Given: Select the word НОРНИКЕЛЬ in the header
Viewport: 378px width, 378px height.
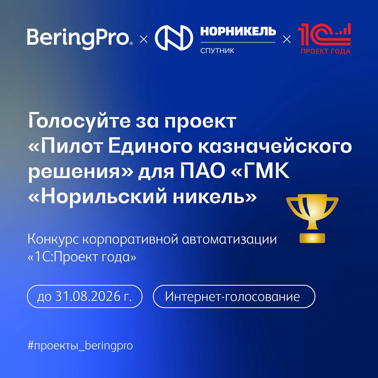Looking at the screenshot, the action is point(238,31).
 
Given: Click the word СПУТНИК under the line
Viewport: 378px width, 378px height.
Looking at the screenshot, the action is point(217,51).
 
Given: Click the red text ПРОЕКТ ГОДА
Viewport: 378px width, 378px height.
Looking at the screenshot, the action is point(326,51).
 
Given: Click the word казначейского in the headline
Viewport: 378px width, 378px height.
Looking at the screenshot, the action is point(275,147).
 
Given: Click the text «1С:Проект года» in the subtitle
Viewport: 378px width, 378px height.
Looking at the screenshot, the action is point(82,257).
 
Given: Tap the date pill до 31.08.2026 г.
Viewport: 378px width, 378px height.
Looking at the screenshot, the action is point(84,296).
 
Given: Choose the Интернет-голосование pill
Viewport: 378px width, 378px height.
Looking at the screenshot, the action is point(234,296).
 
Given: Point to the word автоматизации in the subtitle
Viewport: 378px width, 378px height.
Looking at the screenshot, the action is point(229,240).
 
